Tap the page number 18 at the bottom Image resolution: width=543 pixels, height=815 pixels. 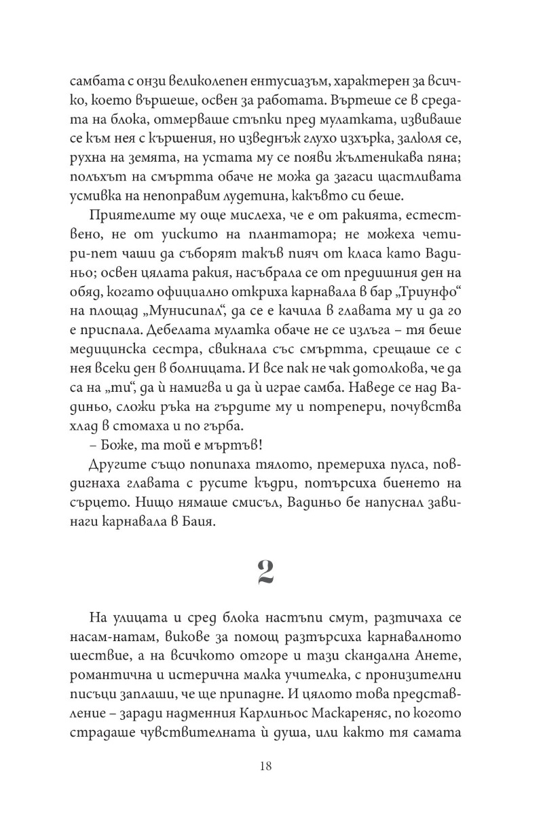coord(265,766)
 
